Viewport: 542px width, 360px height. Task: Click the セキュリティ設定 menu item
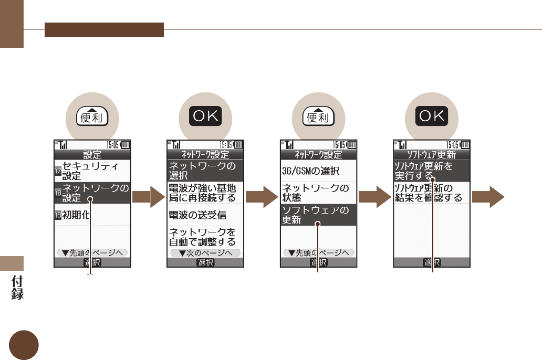coord(92,171)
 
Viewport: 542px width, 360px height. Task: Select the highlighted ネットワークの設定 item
coord(92,193)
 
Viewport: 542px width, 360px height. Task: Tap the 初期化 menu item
coord(92,214)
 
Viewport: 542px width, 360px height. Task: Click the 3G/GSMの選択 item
coord(318,171)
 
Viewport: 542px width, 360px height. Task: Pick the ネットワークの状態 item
coord(318,193)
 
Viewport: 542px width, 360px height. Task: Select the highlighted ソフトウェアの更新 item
coord(318,215)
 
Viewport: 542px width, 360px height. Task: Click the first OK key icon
coord(205,117)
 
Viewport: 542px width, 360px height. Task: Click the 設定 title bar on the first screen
coord(92,155)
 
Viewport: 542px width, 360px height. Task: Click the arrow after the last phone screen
coord(488,197)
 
